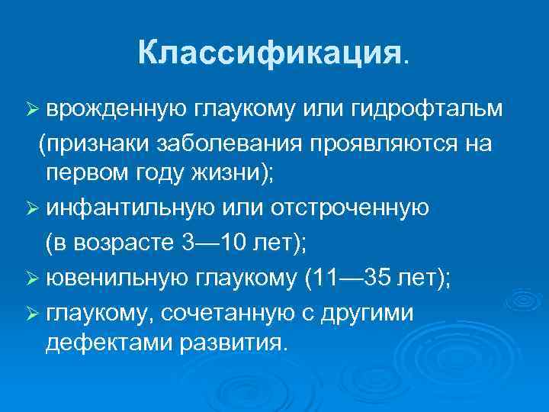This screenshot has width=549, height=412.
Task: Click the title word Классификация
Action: pos(268,53)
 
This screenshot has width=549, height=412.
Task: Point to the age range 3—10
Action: pos(217,242)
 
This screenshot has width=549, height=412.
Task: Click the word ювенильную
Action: pos(121,276)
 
